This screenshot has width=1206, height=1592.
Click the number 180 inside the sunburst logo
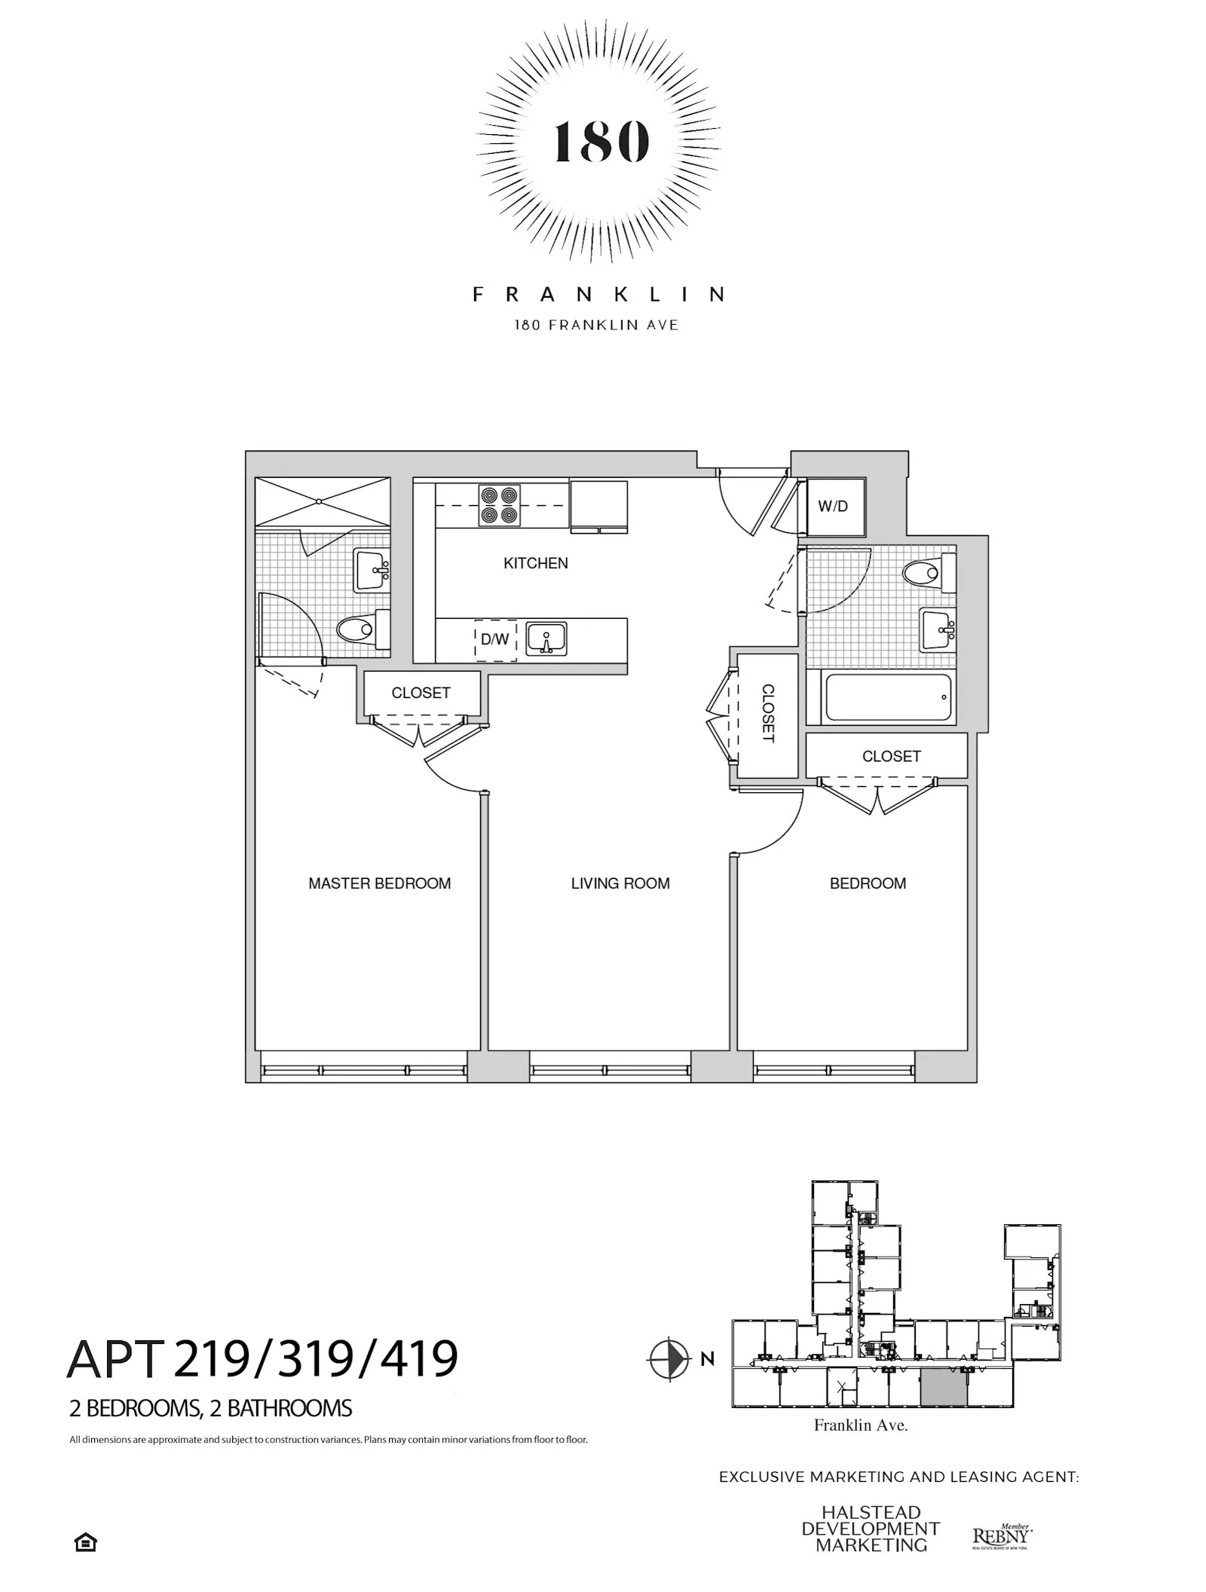coord(600,142)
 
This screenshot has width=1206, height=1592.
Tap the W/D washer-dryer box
coord(832,507)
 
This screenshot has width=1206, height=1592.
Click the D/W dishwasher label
coord(494,640)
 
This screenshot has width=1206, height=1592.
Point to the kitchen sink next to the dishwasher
coord(546,639)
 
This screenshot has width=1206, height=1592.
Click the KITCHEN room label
coord(535,563)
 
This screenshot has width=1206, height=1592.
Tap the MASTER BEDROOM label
coord(379,883)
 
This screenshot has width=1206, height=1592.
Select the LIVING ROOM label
coord(620,883)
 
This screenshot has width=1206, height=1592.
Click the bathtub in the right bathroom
coord(888,698)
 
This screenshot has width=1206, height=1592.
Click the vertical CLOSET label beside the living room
coord(767,713)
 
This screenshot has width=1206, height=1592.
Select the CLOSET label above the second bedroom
coord(891,756)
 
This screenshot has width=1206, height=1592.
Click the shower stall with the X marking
coord(323,501)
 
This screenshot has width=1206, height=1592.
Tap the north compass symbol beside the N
coord(669,1360)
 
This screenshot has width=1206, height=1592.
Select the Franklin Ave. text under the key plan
coord(860,1425)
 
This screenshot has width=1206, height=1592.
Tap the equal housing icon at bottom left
coord(85,1543)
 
